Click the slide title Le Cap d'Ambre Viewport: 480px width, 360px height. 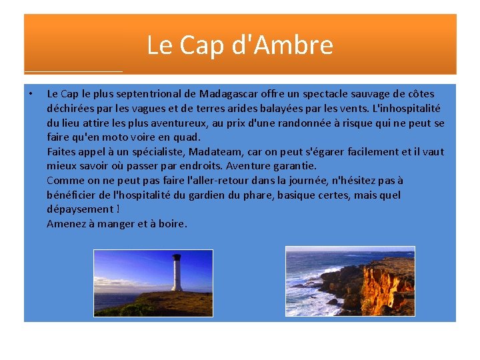point(239,45)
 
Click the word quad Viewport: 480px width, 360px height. point(189,137)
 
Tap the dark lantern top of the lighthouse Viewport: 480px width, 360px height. point(177,257)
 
